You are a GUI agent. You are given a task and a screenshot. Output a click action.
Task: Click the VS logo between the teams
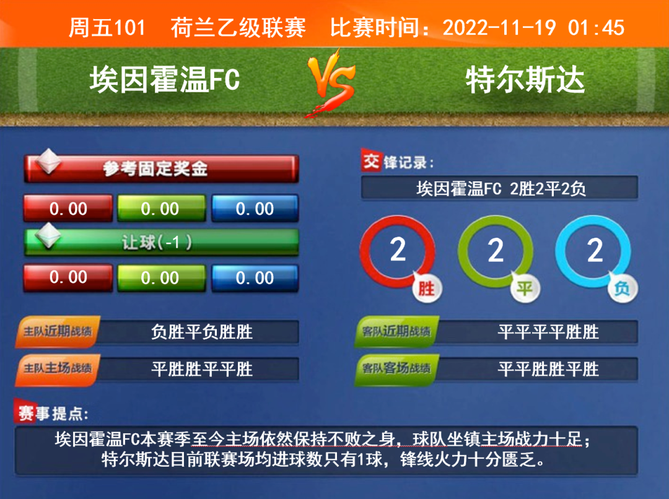(x=331, y=84)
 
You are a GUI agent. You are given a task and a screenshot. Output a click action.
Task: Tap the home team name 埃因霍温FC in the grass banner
(x=165, y=80)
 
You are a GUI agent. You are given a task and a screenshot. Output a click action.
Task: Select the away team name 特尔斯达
(x=525, y=80)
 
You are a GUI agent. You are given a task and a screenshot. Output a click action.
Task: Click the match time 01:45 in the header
(x=596, y=28)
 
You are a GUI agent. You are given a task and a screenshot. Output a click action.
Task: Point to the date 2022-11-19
(x=499, y=28)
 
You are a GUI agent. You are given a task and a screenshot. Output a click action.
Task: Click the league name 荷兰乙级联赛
(x=238, y=28)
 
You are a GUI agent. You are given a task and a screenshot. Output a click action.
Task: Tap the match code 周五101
(x=107, y=28)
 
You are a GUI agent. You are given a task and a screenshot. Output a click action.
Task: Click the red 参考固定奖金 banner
(x=161, y=168)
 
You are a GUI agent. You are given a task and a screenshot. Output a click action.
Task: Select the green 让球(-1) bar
(x=161, y=242)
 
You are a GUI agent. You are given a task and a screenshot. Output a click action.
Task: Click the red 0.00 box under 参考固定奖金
(x=68, y=209)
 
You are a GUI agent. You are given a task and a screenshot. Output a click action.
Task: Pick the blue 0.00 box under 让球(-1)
(x=255, y=278)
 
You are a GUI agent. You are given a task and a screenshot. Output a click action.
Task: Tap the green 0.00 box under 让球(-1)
(x=161, y=278)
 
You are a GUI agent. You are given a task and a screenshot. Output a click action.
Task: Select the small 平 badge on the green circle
(x=525, y=289)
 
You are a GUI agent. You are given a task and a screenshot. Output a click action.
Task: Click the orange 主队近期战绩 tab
(x=58, y=331)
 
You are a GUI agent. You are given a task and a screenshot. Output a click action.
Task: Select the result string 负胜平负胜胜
(x=202, y=332)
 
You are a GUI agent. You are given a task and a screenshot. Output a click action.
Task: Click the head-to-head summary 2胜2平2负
(x=548, y=188)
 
